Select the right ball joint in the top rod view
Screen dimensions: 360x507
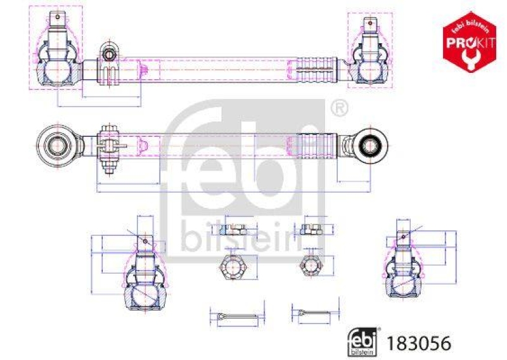368,54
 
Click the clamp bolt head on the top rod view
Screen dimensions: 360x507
110,55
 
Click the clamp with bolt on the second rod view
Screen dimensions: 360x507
108,146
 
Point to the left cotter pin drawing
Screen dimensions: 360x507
234,315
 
